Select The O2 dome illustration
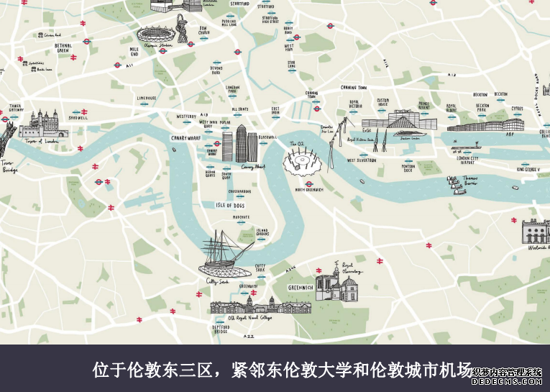point(303,163)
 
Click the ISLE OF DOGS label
point(231,205)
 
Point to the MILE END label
point(134,53)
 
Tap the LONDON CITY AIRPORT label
point(467,160)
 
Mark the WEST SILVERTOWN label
point(362,160)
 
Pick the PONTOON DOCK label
point(408,169)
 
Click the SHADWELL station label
point(78,117)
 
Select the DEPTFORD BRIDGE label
point(221,329)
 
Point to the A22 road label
point(249,336)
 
